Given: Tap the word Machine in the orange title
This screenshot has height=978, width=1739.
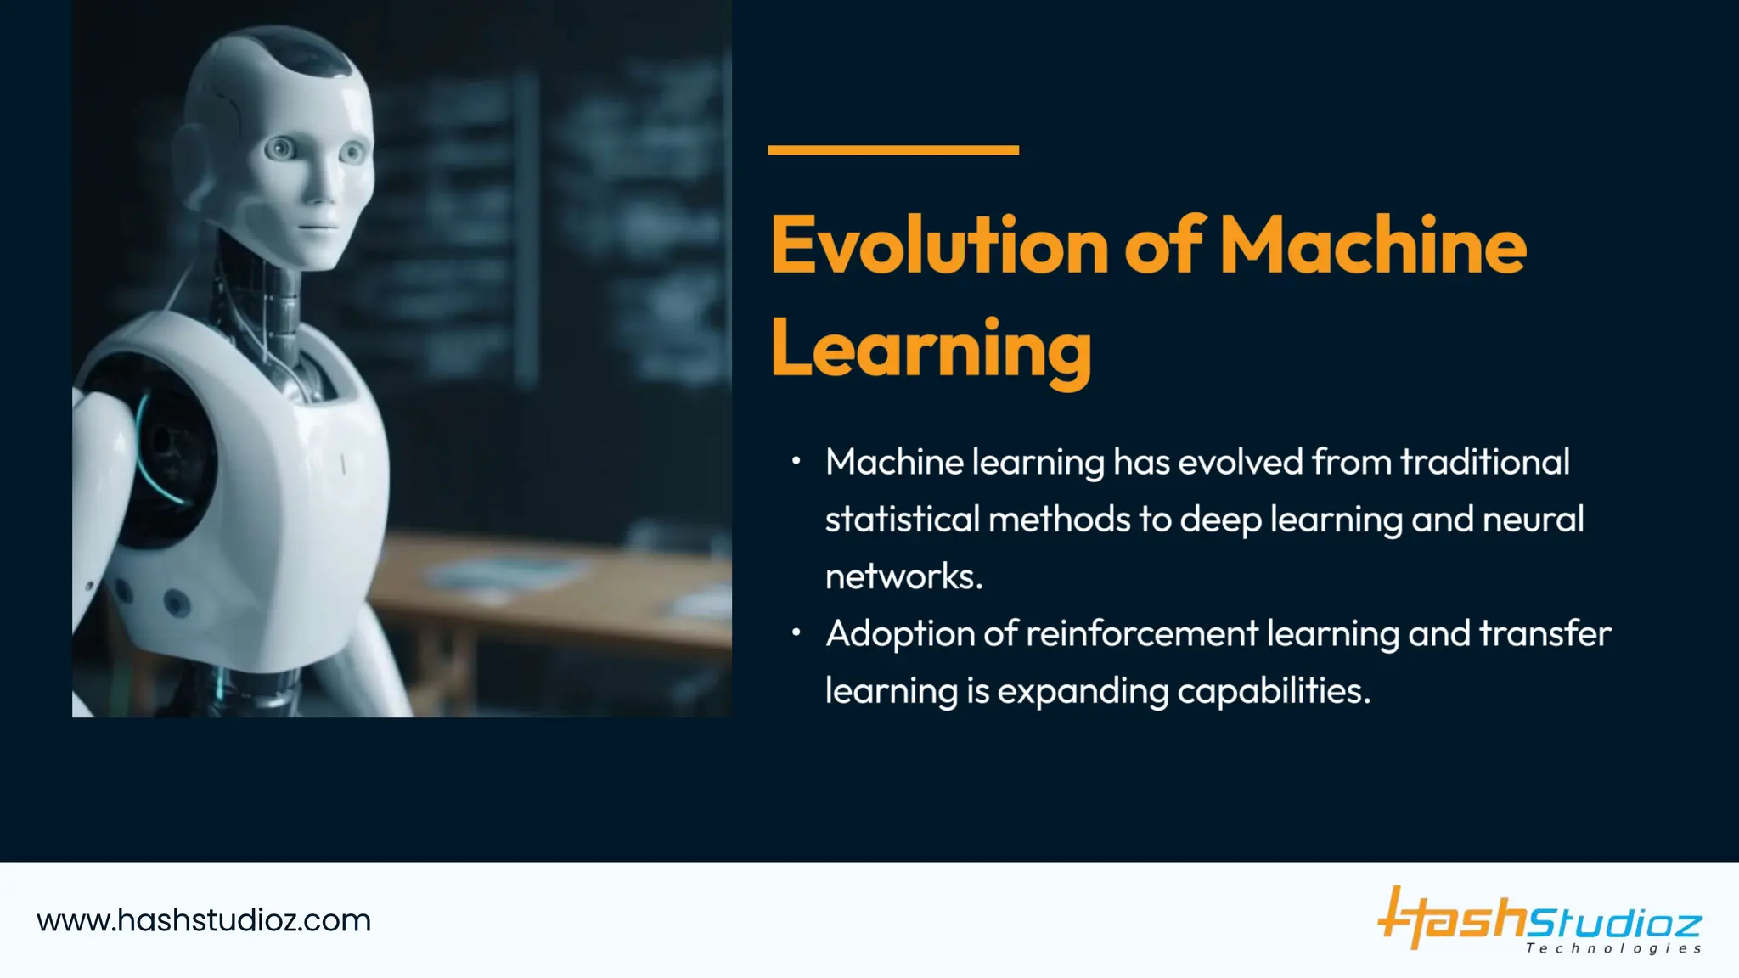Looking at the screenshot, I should point(1372,246).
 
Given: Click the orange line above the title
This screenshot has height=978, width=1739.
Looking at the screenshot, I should point(892,150).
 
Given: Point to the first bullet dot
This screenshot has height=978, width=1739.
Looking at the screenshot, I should point(796,461).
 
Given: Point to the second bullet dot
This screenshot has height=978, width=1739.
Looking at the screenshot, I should point(796,632).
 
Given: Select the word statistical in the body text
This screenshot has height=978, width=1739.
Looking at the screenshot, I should point(902,520).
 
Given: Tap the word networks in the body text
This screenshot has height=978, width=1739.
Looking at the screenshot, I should point(903,577).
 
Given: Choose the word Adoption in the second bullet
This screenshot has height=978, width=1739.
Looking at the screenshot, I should point(900,635).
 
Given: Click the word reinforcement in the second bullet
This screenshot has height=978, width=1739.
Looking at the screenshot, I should point(1141,634).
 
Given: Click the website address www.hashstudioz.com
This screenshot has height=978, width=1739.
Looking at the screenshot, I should point(204,921).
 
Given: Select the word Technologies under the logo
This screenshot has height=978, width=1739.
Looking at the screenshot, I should point(1612,948).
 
